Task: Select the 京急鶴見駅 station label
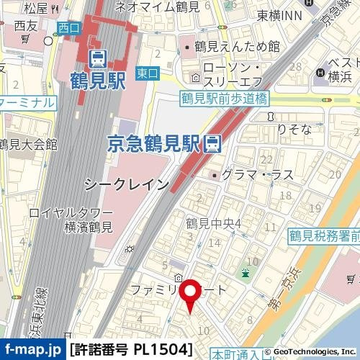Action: pyautogui.click(x=155, y=143)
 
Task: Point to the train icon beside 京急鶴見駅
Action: pyautogui.click(x=212, y=143)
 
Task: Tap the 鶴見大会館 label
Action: pyautogui.click(x=29, y=144)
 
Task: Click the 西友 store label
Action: pyautogui.click(x=25, y=26)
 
